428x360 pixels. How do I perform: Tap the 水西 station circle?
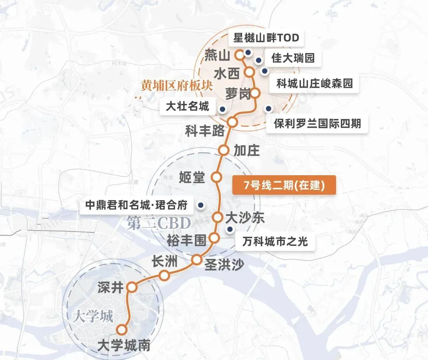tap(250, 72)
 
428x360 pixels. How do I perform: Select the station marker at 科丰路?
tap(232, 122)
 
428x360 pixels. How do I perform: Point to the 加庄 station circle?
tap(224, 150)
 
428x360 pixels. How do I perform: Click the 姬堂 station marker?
tap(216, 177)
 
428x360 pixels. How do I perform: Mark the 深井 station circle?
tap(132, 287)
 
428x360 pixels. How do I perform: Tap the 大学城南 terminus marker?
tap(122, 329)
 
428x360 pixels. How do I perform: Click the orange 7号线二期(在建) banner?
tap(284, 185)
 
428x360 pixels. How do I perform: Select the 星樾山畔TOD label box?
tap(266, 38)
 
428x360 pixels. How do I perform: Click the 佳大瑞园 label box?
tap(293, 58)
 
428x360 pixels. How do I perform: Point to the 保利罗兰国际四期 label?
tap(317, 123)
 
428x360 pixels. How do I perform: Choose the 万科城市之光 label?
tap(276, 241)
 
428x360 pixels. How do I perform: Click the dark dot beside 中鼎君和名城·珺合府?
tap(201, 205)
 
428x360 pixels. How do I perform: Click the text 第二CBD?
tap(159, 224)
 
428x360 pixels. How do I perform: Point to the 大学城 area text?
tap(93, 316)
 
